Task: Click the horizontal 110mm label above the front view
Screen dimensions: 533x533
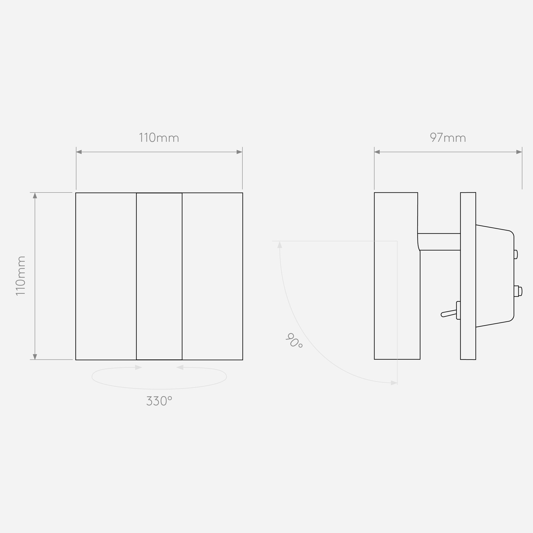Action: click(x=159, y=138)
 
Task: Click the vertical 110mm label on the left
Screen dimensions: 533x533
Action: click(x=21, y=276)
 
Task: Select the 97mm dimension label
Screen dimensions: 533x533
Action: click(x=448, y=138)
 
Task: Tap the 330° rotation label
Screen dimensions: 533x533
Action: click(x=159, y=401)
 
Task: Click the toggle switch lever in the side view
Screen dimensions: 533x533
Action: click(x=449, y=313)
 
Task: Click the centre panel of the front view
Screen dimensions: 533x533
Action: click(x=159, y=276)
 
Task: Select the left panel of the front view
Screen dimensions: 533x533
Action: click(x=106, y=276)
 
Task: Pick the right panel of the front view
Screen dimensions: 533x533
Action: click(x=212, y=276)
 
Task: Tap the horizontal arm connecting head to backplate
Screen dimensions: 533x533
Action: click(x=439, y=242)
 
